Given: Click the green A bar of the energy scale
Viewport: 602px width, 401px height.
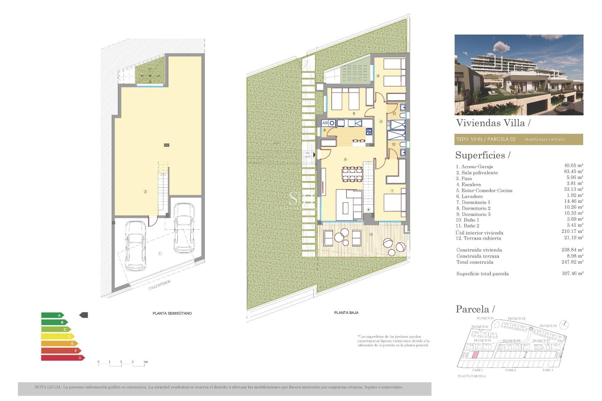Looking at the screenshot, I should pos(52,315).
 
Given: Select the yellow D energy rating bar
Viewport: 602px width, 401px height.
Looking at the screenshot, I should pos(57,336).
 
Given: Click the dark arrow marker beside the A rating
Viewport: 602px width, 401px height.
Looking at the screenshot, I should pos(84,315).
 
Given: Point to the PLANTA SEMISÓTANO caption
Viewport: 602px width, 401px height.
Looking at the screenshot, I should pos(172,313).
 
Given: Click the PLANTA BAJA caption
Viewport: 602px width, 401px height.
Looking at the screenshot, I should pos(346,313).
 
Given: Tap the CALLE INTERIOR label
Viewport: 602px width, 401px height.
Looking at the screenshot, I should pos(160,285).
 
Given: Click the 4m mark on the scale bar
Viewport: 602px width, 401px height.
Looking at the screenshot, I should pos(145,362).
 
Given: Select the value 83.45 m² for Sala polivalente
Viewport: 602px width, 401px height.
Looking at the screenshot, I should pos(573,171).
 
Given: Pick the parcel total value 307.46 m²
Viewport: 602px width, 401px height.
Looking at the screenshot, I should pos(573,273).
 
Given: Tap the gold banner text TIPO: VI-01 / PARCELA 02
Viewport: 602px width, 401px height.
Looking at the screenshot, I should pos(486,139).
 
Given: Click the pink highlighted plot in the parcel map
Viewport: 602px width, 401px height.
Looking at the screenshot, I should pos(475,355).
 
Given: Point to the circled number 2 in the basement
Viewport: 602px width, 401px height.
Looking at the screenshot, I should pos(145,192).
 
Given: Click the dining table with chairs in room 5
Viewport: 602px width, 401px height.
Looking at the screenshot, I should pos(352,174).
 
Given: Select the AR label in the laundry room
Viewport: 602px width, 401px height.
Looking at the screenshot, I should pos(325,123).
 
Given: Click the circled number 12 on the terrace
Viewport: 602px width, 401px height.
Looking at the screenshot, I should pos(371,234).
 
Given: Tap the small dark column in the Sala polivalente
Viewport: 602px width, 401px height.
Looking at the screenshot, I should pos(166,145).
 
